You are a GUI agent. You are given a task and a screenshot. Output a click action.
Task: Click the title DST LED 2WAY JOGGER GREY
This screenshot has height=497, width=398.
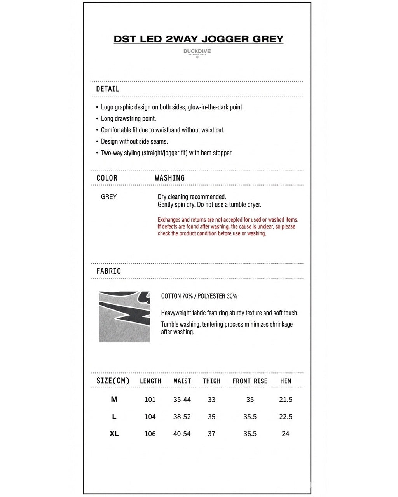pyautogui.click(x=199, y=39)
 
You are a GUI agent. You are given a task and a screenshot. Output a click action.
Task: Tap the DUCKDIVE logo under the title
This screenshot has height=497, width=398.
pyautogui.click(x=197, y=52)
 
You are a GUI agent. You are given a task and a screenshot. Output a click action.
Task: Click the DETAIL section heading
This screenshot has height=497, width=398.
pyautogui.click(x=108, y=89)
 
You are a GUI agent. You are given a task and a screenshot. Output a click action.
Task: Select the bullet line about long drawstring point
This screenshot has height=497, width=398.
pyautogui.click(x=128, y=119)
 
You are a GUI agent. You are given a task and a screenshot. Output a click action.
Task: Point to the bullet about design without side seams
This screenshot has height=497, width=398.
pyautogui.click(x=134, y=142)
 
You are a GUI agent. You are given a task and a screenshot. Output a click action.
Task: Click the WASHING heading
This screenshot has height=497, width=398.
pyautogui.click(x=169, y=178)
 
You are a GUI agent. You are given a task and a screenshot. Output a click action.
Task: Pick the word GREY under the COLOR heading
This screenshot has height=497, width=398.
pyautogui.click(x=109, y=197)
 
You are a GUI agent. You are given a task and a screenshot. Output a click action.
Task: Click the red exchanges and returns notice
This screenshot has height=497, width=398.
pyautogui.click(x=228, y=227)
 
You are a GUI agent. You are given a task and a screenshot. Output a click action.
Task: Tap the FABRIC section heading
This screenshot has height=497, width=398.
pyautogui.click(x=109, y=271)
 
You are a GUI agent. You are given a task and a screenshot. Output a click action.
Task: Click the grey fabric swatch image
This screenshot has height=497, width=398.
pyautogui.click(x=124, y=317)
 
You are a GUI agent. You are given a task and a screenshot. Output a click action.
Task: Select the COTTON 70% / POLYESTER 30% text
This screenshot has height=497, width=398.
pyautogui.click(x=199, y=296)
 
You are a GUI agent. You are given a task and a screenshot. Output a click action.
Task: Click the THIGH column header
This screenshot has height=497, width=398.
pyautogui.click(x=211, y=381)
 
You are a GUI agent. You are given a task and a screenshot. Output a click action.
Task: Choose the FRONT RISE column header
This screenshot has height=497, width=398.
pyautogui.click(x=250, y=381)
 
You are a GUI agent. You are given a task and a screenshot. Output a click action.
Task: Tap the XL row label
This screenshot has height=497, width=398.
pyautogui.click(x=114, y=434)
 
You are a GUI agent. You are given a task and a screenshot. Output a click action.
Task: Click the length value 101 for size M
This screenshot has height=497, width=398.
pyautogui.click(x=150, y=400)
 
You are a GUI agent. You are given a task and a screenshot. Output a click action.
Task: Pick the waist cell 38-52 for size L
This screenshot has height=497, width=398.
pyautogui.click(x=182, y=417)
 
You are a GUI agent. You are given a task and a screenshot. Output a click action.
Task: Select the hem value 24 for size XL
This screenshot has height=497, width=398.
pyautogui.click(x=285, y=434)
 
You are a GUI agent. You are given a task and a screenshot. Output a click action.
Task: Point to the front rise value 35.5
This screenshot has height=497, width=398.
pyautogui.click(x=250, y=417)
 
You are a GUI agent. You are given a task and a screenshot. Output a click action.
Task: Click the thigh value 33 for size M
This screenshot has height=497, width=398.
pyautogui.click(x=211, y=400)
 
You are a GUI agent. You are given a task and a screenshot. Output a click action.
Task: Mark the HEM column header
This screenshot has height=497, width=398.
pyautogui.click(x=286, y=381)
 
